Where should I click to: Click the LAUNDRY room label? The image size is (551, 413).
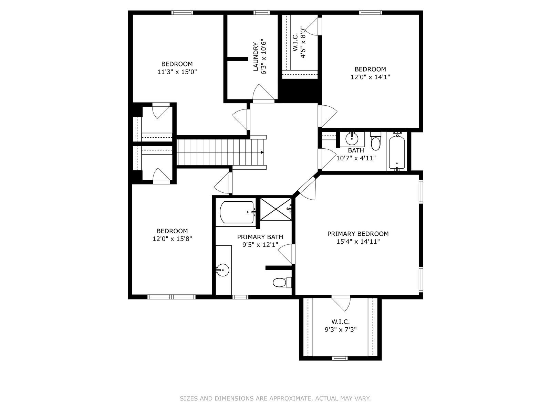(256, 56)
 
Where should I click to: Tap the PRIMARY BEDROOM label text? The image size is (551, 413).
(358, 234)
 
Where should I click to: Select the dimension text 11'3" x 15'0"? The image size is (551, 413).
(177, 72)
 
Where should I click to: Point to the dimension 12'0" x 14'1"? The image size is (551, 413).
(370, 77)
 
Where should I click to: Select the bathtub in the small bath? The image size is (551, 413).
(397, 152)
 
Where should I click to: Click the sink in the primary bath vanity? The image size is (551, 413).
(223, 270)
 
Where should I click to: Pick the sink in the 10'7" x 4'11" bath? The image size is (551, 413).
(352, 139)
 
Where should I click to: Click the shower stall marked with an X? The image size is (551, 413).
(275, 209)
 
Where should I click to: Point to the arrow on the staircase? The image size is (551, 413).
(262, 152)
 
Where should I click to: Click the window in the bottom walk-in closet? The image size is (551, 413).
(340, 358)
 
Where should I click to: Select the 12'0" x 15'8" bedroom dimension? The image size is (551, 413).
(172, 239)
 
